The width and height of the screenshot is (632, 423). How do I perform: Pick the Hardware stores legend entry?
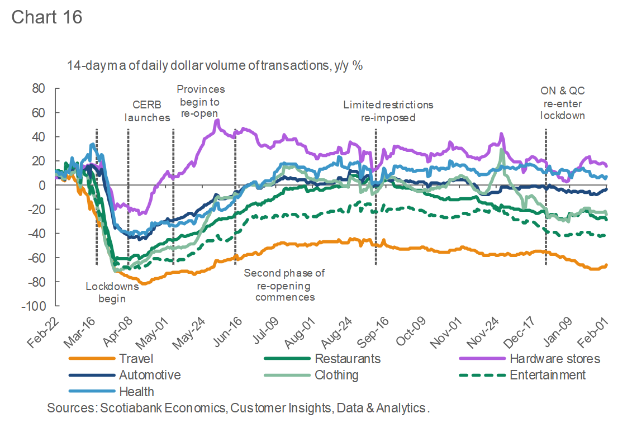(x=554, y=358)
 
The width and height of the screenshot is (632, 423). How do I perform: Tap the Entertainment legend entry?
(x=548, y=375)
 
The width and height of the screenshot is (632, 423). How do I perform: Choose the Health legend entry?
(x=136, y=392)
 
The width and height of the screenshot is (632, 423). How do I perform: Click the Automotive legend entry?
(x=150, y=375)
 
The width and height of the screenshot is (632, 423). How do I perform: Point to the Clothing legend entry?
(x=336, y=375)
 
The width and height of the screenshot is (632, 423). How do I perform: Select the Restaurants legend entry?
(x=348, y=358)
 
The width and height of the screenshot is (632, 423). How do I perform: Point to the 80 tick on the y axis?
(x=39, y=88)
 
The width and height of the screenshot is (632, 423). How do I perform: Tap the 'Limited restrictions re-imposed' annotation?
(x=388, y=111)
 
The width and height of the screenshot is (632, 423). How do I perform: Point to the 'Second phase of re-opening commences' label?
(x=284, y=285)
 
